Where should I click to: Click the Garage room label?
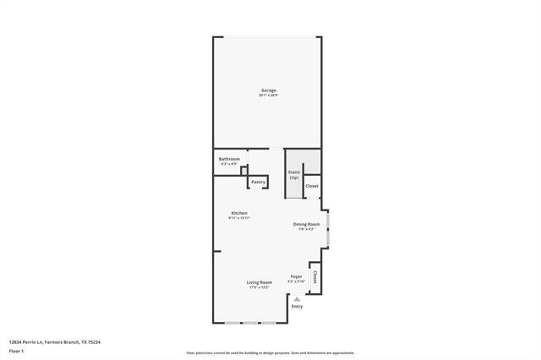[x=267, y=90]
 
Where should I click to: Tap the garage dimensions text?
[x=267, y=95]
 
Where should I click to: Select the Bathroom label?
[x=229, y=159]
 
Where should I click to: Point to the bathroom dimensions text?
[x=229, y=164]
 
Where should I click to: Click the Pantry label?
[x=258, y=182]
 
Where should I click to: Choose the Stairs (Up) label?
[x=294, y=175]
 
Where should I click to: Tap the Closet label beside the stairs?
[x=312, y=186]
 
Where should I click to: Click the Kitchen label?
[x=239, y=213]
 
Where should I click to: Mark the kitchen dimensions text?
[x=239, y=218]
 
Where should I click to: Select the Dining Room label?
[x=306, y=224]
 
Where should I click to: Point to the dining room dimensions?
[x=306, y=229]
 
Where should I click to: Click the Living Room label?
[x=259, y=282]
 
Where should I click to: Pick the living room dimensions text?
[x=259, y=287]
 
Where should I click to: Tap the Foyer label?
[x=297, y=276]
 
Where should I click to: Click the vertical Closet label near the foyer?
[x=315, y=276]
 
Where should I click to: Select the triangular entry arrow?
[x=297, y=298]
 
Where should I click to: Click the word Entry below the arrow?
[x=297, y=306]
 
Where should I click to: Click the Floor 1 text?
[x=17, y=350]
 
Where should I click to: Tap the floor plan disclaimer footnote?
[x=270, y=353]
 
